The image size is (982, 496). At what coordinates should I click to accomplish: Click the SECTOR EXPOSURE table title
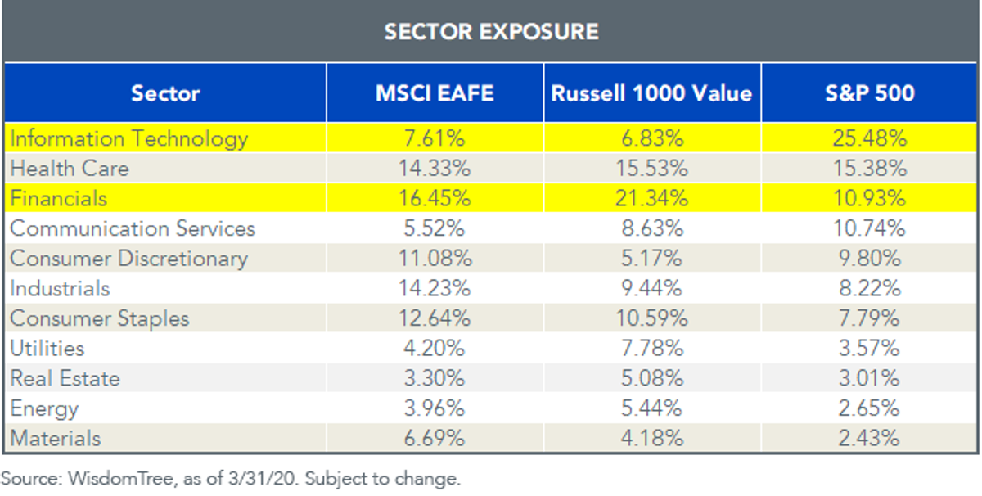click(492, 32)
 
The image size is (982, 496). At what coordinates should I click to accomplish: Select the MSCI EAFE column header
click(435, 93)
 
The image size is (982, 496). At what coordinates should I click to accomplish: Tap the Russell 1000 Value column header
click(652, 93)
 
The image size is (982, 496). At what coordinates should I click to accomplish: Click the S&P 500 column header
click(870, 93)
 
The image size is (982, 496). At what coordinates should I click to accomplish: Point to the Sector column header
click(165, 93)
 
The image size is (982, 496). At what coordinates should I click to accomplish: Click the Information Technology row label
click(129, 139)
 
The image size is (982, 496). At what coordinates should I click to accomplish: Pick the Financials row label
click(58, 198)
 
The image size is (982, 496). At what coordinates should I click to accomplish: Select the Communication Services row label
click(133, 228)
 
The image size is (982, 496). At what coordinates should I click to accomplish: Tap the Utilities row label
click(47, 348)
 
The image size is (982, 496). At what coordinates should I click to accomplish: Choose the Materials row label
click(56, 438)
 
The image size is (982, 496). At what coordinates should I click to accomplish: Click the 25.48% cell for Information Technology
click(870, 138)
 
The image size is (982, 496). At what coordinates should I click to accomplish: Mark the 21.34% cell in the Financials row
click(652, 198)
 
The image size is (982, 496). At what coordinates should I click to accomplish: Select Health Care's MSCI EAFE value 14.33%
click(435, 169)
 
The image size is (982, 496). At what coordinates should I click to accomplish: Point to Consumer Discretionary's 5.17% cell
click(652, 259)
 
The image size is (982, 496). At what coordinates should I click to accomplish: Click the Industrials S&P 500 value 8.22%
click(870, 288)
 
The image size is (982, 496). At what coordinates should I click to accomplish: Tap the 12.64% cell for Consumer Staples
click(435, 318)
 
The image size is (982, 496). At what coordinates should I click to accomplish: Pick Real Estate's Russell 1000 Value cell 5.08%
click(652, 378)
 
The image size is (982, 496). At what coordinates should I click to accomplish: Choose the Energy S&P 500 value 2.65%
click(869, 408)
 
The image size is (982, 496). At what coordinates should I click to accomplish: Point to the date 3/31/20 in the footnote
click(262, 478)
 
